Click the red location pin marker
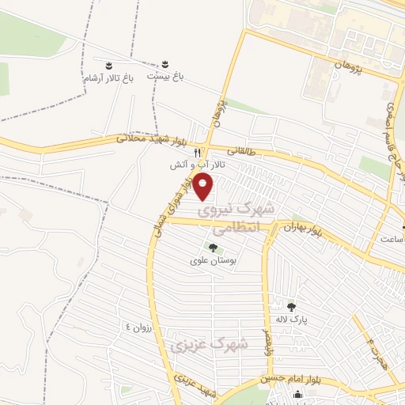pyautogui.click(x=204, y=187)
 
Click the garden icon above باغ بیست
pyautogui.click(x=166, y=63)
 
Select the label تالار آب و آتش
pyautogui.click(x=200, y=166)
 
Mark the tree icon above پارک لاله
pyautogui.click(x=291, y=307)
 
